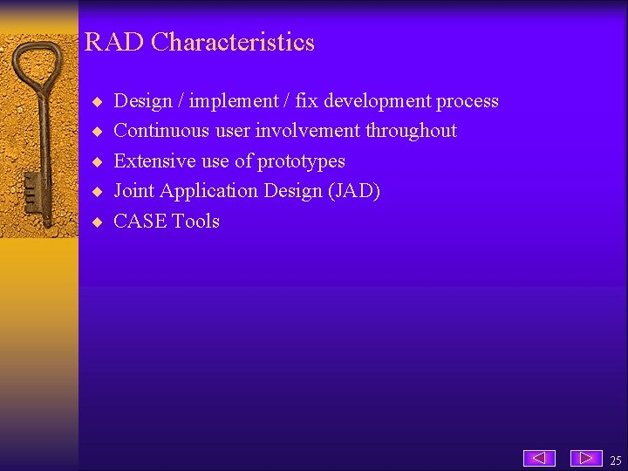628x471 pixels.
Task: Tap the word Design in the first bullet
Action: coord(143,101)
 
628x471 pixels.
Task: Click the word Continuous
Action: coord(162,131)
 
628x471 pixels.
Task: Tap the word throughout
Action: coord(411,131)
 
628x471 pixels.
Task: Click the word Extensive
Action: coord(154,161)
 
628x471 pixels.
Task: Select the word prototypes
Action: coord(301,161)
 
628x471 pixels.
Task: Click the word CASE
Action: coord(140,222)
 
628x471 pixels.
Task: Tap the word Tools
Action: coord(195,222)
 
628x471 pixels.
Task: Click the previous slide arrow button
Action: coord(539,458)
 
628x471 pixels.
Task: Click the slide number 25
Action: coord(616,461)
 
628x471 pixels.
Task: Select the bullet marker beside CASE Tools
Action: coord(98,222)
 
